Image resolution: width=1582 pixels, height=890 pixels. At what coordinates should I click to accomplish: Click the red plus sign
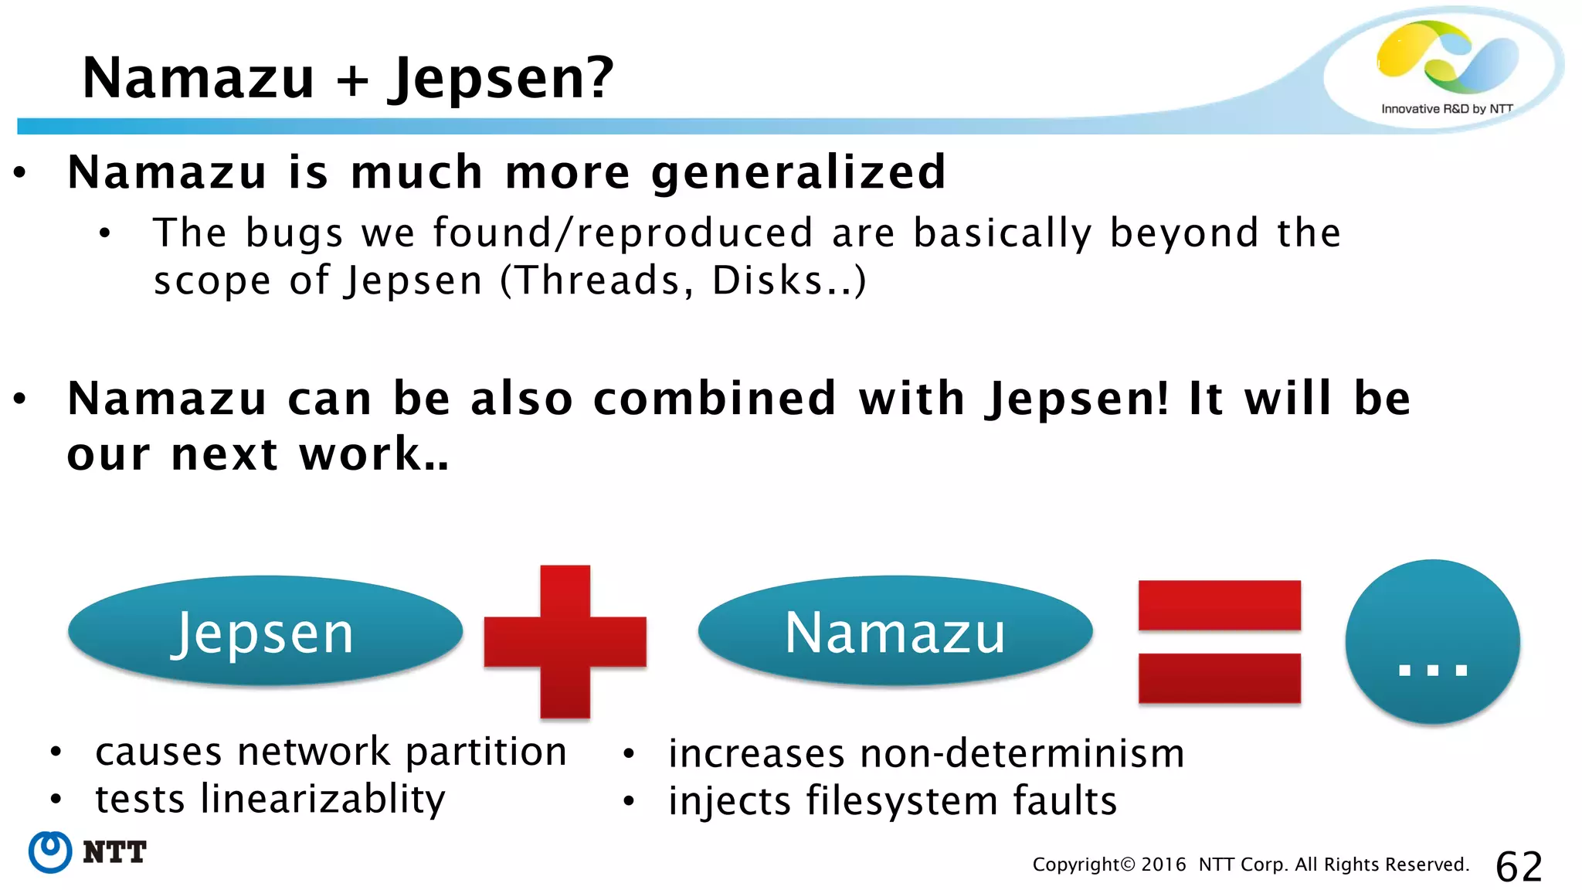[x=565, y=641]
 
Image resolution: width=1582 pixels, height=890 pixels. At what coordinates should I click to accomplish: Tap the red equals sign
[x=1219, y=642]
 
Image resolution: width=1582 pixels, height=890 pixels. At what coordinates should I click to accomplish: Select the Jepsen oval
[x=265, y=632]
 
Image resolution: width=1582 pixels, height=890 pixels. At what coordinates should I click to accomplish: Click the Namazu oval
[x=895, y=632]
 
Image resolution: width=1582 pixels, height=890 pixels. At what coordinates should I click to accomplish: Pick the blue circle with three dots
[x=1432, y=642]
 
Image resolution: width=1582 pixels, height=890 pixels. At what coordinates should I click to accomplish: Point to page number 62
[x=1519, y=867]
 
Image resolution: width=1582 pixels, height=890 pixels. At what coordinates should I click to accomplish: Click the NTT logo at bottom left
[x=87, y=852]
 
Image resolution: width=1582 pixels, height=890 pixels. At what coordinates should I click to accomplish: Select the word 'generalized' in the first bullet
[x=799, y=172]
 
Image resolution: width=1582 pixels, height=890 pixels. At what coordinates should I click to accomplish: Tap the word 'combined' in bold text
[x=715, y=399]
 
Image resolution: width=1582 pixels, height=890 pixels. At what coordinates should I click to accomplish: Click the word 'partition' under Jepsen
[x=486, y=752]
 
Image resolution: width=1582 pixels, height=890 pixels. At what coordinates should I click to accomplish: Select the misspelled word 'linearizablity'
[x=322, y=799]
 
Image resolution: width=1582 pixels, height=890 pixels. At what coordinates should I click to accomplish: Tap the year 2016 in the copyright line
[x=1163, y=865]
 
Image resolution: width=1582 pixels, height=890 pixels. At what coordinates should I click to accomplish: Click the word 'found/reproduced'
[x=623, y=233]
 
